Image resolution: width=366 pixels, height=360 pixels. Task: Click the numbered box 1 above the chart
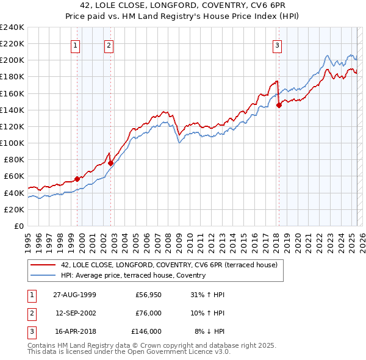pyautogui.click(x=75, y=45)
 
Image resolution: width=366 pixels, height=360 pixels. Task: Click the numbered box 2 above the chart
pyautogui.click(x=108, y=45)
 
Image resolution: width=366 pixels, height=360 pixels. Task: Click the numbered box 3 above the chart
pyautogui.click(x=277, y=45)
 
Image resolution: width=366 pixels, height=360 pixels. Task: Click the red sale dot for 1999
pyautogui.click(x=77, y=179)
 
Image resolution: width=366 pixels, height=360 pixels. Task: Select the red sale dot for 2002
pyautogui.click(x=110, y=163)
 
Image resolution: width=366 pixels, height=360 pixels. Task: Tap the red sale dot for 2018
pyautogui.click(x=279, y=105)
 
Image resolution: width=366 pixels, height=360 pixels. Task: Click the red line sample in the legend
pyautogui.click(x=43, y=265)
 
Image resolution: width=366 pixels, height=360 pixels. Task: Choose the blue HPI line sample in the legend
pyautogui.click(x=43, y=275)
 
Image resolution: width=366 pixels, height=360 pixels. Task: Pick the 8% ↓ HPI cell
pyautogui.click(x=209, y=331)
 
